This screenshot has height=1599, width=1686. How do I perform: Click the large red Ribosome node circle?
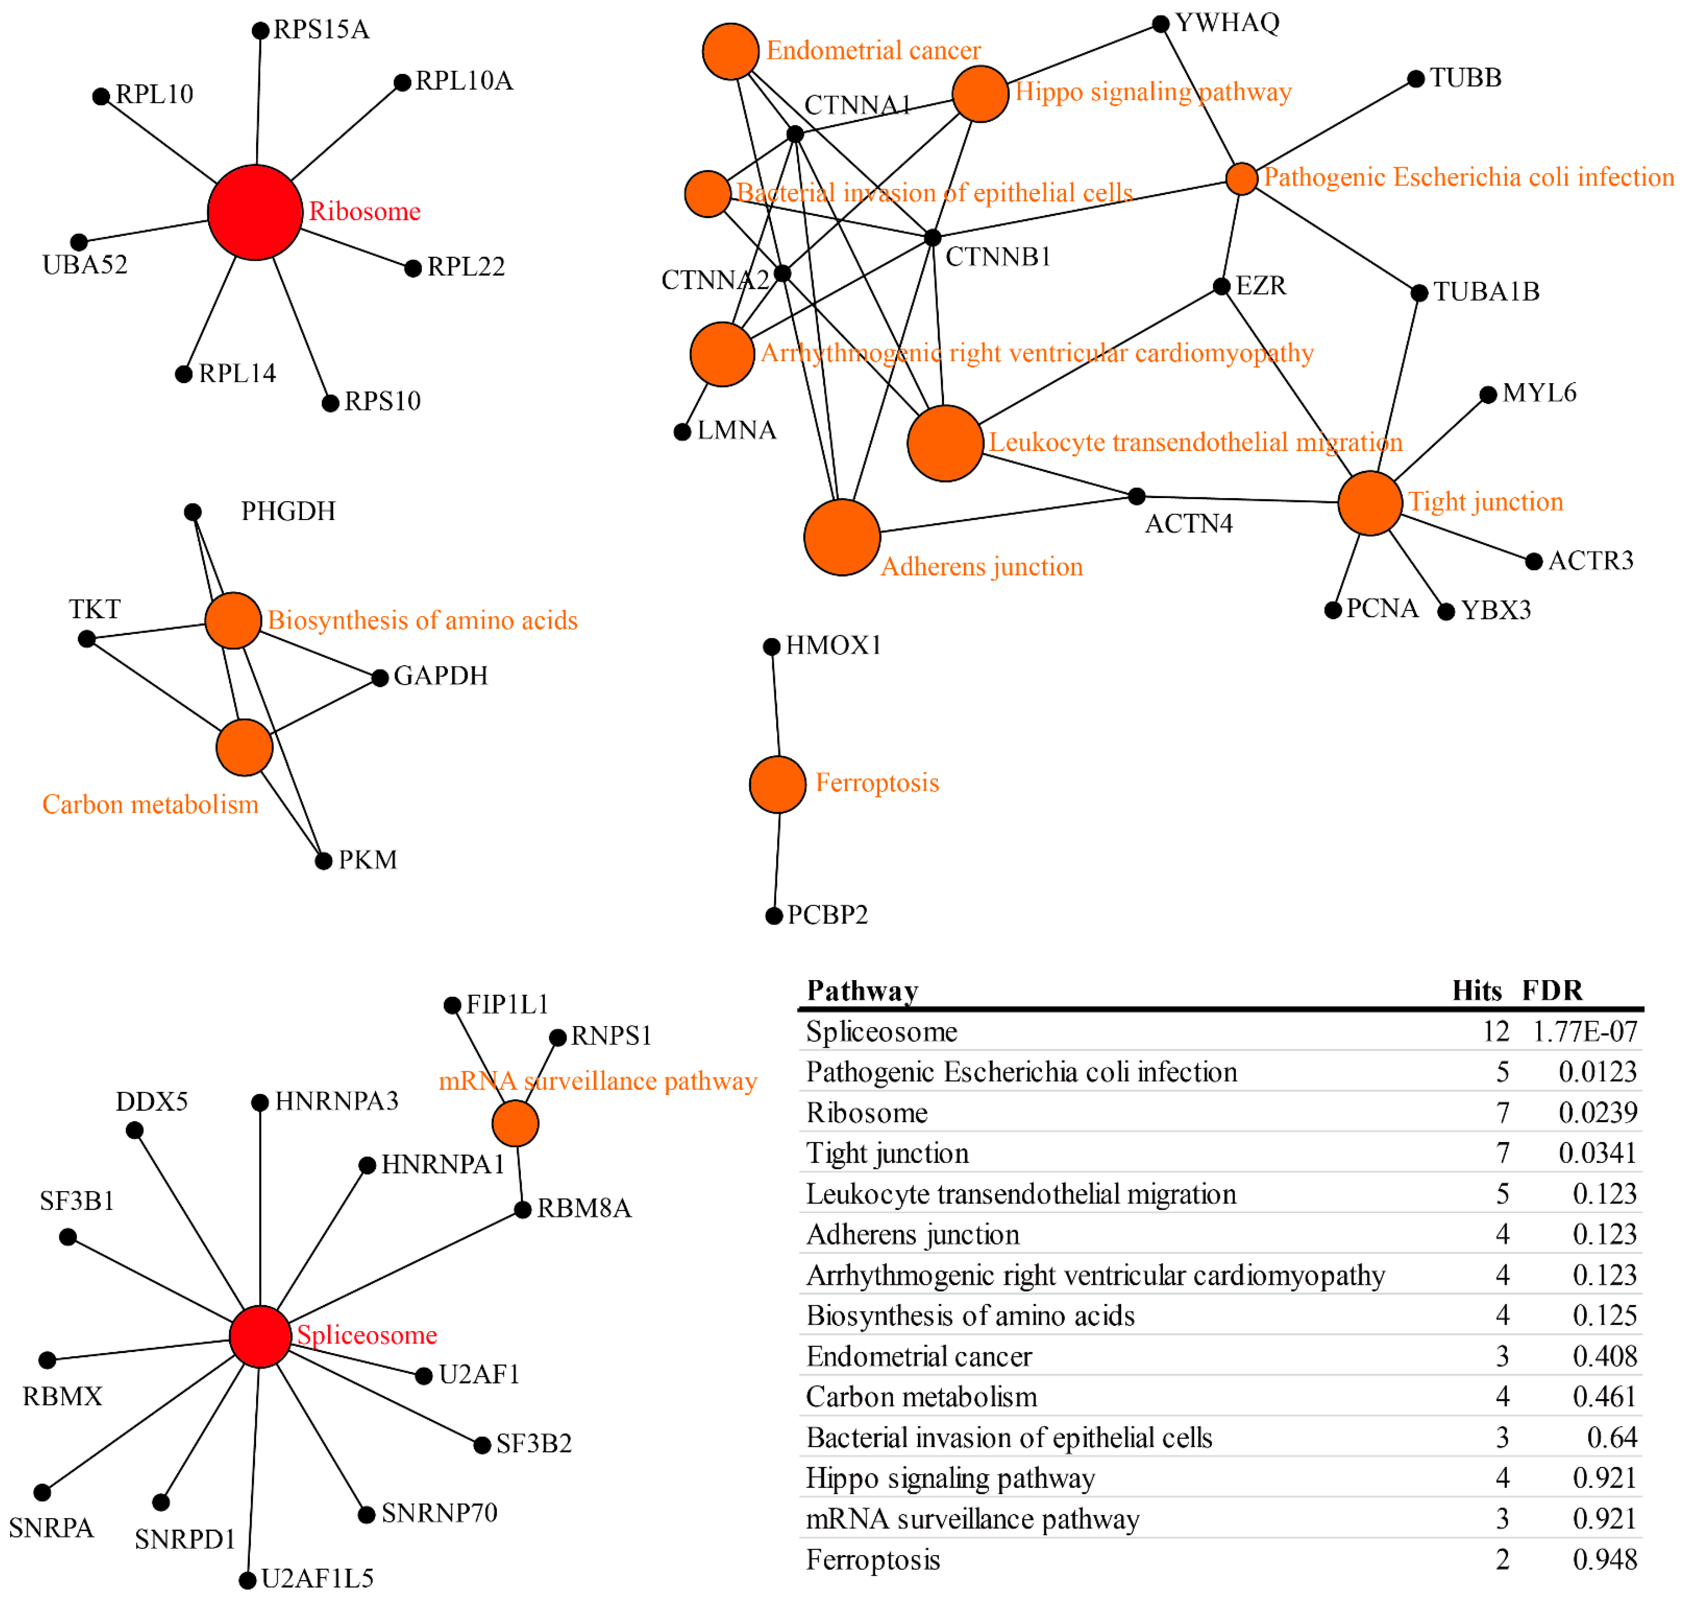pos(255,212)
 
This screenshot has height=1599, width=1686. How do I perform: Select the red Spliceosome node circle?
pos(260,1337)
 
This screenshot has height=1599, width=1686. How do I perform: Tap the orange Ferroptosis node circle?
pos(777,784)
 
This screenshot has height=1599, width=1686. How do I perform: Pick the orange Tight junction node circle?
pos(1370,503)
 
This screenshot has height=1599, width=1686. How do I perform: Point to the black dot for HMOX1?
pos(771,647)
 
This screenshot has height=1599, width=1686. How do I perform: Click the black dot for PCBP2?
pos(774,916)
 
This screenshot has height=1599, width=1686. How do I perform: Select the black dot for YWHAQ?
pos(1160,24)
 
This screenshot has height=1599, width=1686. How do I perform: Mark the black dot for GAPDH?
pos(380,678)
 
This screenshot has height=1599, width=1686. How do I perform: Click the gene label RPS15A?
pos(321,30)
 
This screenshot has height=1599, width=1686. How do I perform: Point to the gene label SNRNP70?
pos(439,1513)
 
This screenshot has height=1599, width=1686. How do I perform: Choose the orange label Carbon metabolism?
pos(150,805)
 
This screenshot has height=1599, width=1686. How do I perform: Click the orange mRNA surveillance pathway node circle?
pos(515,1123)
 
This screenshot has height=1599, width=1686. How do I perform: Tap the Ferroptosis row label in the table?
pos(873,1560)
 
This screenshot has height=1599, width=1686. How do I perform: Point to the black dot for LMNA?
pos(682,432)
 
